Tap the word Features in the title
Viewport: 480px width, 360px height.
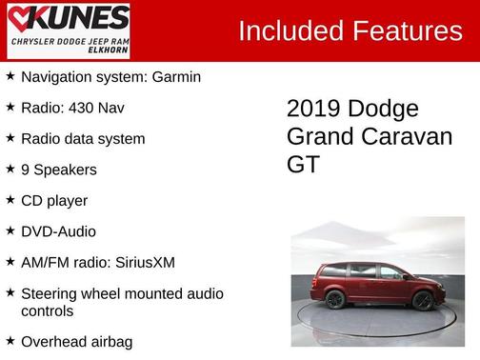point(408,31)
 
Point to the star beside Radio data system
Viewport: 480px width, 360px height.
point(10,138)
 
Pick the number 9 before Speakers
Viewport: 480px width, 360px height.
point(25,170)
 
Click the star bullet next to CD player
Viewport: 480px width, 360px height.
point(10,200)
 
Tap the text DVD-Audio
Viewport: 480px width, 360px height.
point(58,231)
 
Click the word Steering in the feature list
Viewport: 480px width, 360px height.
point(50,292)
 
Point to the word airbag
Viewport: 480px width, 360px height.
point(108,341)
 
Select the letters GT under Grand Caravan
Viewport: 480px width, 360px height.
point(304,165)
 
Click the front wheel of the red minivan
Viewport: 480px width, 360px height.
point(422,300)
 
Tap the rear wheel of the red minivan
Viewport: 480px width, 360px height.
point(335,300)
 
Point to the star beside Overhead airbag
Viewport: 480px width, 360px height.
point(10,340)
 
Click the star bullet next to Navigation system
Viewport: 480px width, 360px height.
point(10,76)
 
